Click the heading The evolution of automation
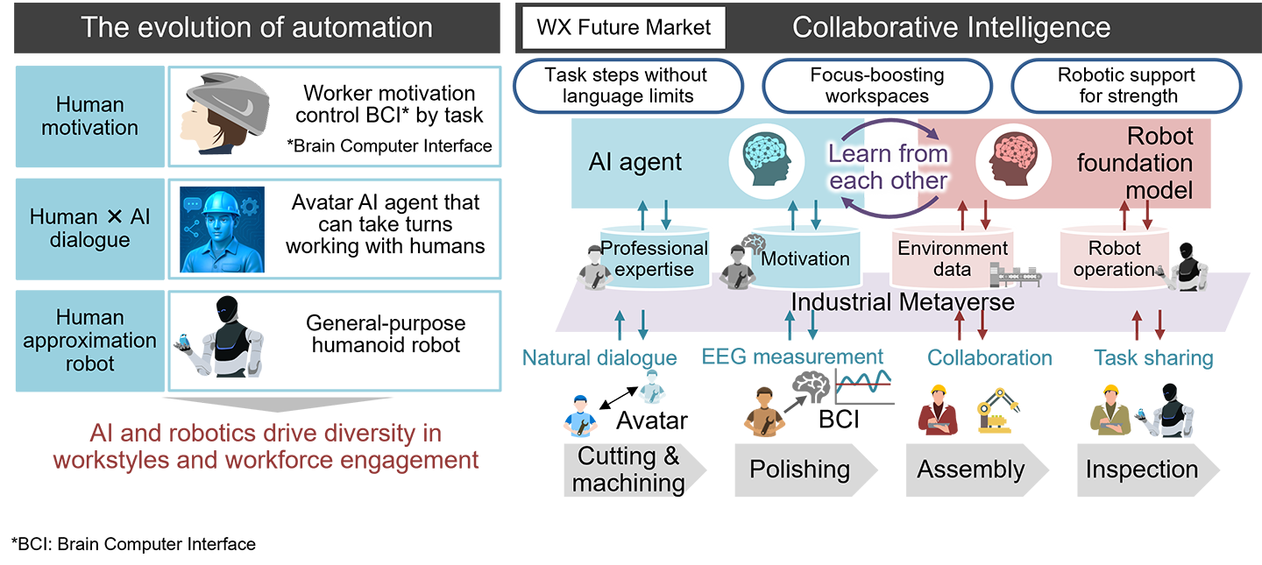[257, 27]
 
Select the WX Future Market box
[624, 29]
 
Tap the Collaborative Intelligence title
[951, 27]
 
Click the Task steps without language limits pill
[626, 86]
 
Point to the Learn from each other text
[889, 166]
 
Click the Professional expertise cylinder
[653, 258]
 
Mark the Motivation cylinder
[804, 258]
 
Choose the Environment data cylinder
[952, 258]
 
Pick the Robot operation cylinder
[1113, 258]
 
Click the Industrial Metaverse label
[902, 302]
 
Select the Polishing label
[799, 470]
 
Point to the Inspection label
[1141, 470]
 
